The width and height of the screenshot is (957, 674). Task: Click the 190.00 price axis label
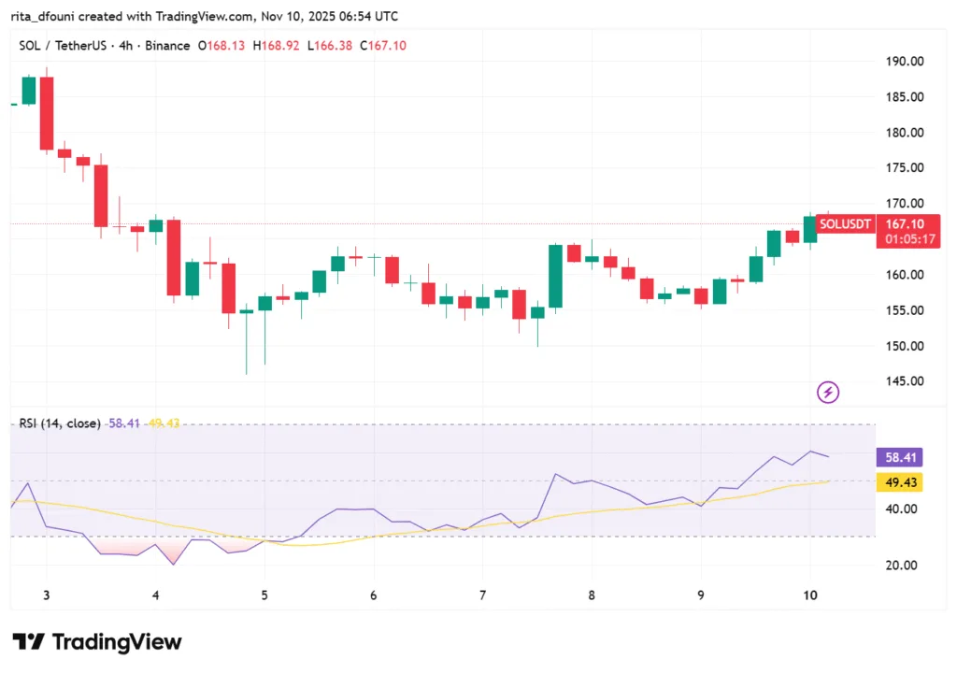[x=905, y=62]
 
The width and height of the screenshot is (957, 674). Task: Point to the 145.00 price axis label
[x=905, y=381]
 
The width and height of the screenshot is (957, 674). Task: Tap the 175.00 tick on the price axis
[x=905, y=168]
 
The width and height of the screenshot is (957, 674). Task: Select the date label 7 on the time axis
[x=482, y=595]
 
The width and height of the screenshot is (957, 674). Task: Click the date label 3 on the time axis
[x=46, y=595]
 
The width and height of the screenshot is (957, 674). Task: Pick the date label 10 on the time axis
[x=809, y=595]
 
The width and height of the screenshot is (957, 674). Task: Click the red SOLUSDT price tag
[x=845, y=224]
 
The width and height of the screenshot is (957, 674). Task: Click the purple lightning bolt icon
[x=828, y=393]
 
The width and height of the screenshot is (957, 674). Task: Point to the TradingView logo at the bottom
[x=97, y=642]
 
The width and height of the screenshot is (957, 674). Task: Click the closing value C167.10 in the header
[x=381, y=46]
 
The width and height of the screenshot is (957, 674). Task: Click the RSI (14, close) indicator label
[x=60, y=423]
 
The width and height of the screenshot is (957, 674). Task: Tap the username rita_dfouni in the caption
[x=48, y=16]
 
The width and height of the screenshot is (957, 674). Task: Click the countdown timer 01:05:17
[x=906, y=239]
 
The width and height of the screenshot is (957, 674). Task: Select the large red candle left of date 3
[x=46, y=113]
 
